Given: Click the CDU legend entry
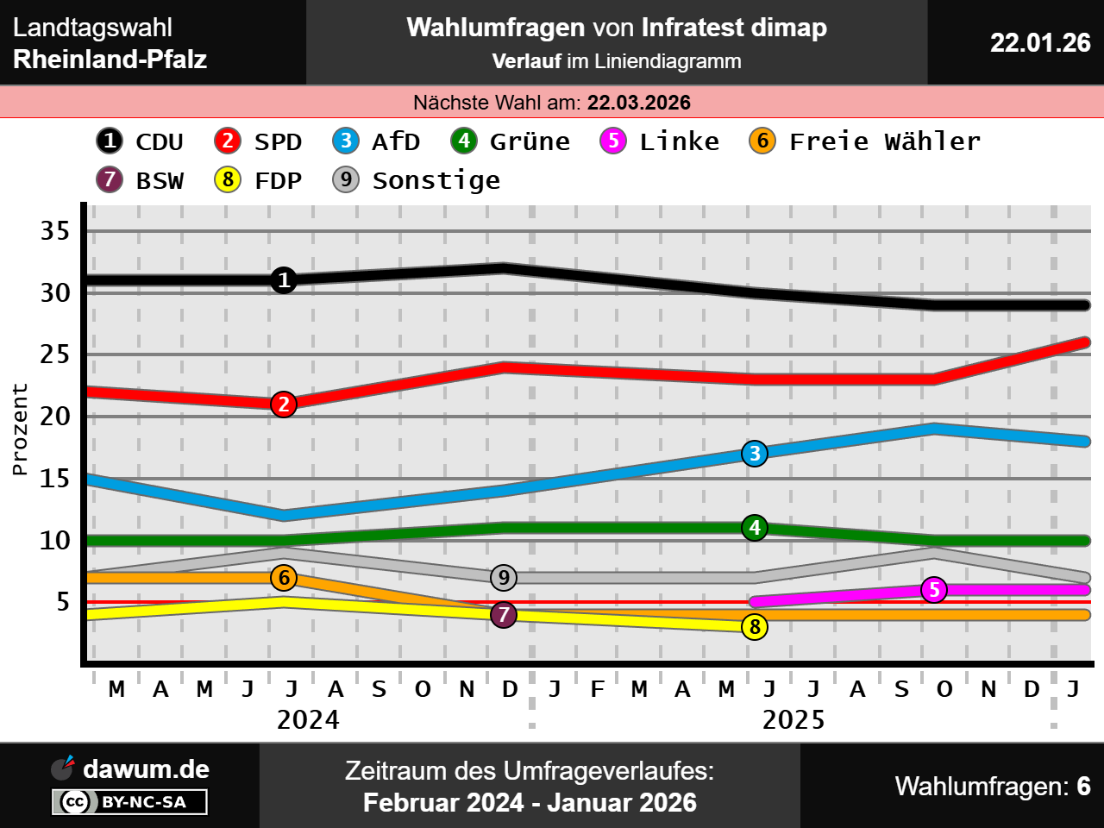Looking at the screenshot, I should coord(140,141).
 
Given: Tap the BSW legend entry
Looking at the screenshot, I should coord(141,180).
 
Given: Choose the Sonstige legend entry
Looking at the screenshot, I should coord(417,180).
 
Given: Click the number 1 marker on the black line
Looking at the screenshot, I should coord(284,280).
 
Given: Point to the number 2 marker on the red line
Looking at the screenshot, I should coord(284,405).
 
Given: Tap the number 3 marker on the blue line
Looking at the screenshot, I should coord(755,454).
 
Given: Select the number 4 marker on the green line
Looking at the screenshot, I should coord(755,528).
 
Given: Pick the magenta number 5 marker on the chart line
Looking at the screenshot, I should coord(934,590).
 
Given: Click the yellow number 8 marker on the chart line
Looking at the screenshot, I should coord(755,627).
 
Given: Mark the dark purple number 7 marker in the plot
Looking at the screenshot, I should coord(504,615).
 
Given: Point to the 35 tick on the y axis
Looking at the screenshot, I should coord(55,231).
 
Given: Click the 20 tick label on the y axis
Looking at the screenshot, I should coord(55,417).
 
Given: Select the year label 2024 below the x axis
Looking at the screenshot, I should coord(308,720).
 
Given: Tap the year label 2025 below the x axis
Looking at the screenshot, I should coord(793,720).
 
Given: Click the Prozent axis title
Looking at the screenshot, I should coord(20,430).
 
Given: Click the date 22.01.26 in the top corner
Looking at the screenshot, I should coord(1040,43).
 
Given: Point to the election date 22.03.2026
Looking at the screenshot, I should coord(639,103).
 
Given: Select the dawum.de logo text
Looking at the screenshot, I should coord(146,769).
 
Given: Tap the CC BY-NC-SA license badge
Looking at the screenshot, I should coord(129,802).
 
